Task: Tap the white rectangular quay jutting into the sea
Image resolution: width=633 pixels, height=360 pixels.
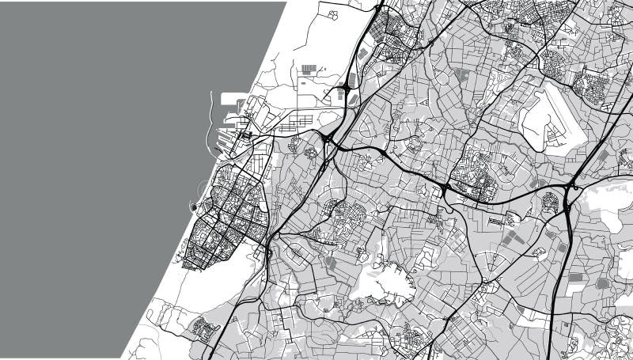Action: [x=234, y=100]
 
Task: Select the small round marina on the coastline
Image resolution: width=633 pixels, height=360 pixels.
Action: [x=193, y=208]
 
